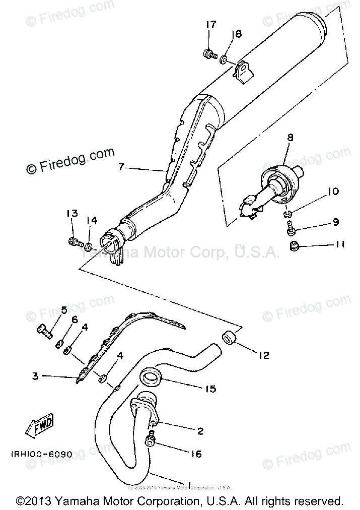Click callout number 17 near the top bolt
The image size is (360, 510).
click(x=210, y=25)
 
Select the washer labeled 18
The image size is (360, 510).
click(x=223, y=59)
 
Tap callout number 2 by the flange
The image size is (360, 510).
click(x=200, y=431)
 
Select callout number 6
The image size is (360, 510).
click(x=74, y=321)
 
